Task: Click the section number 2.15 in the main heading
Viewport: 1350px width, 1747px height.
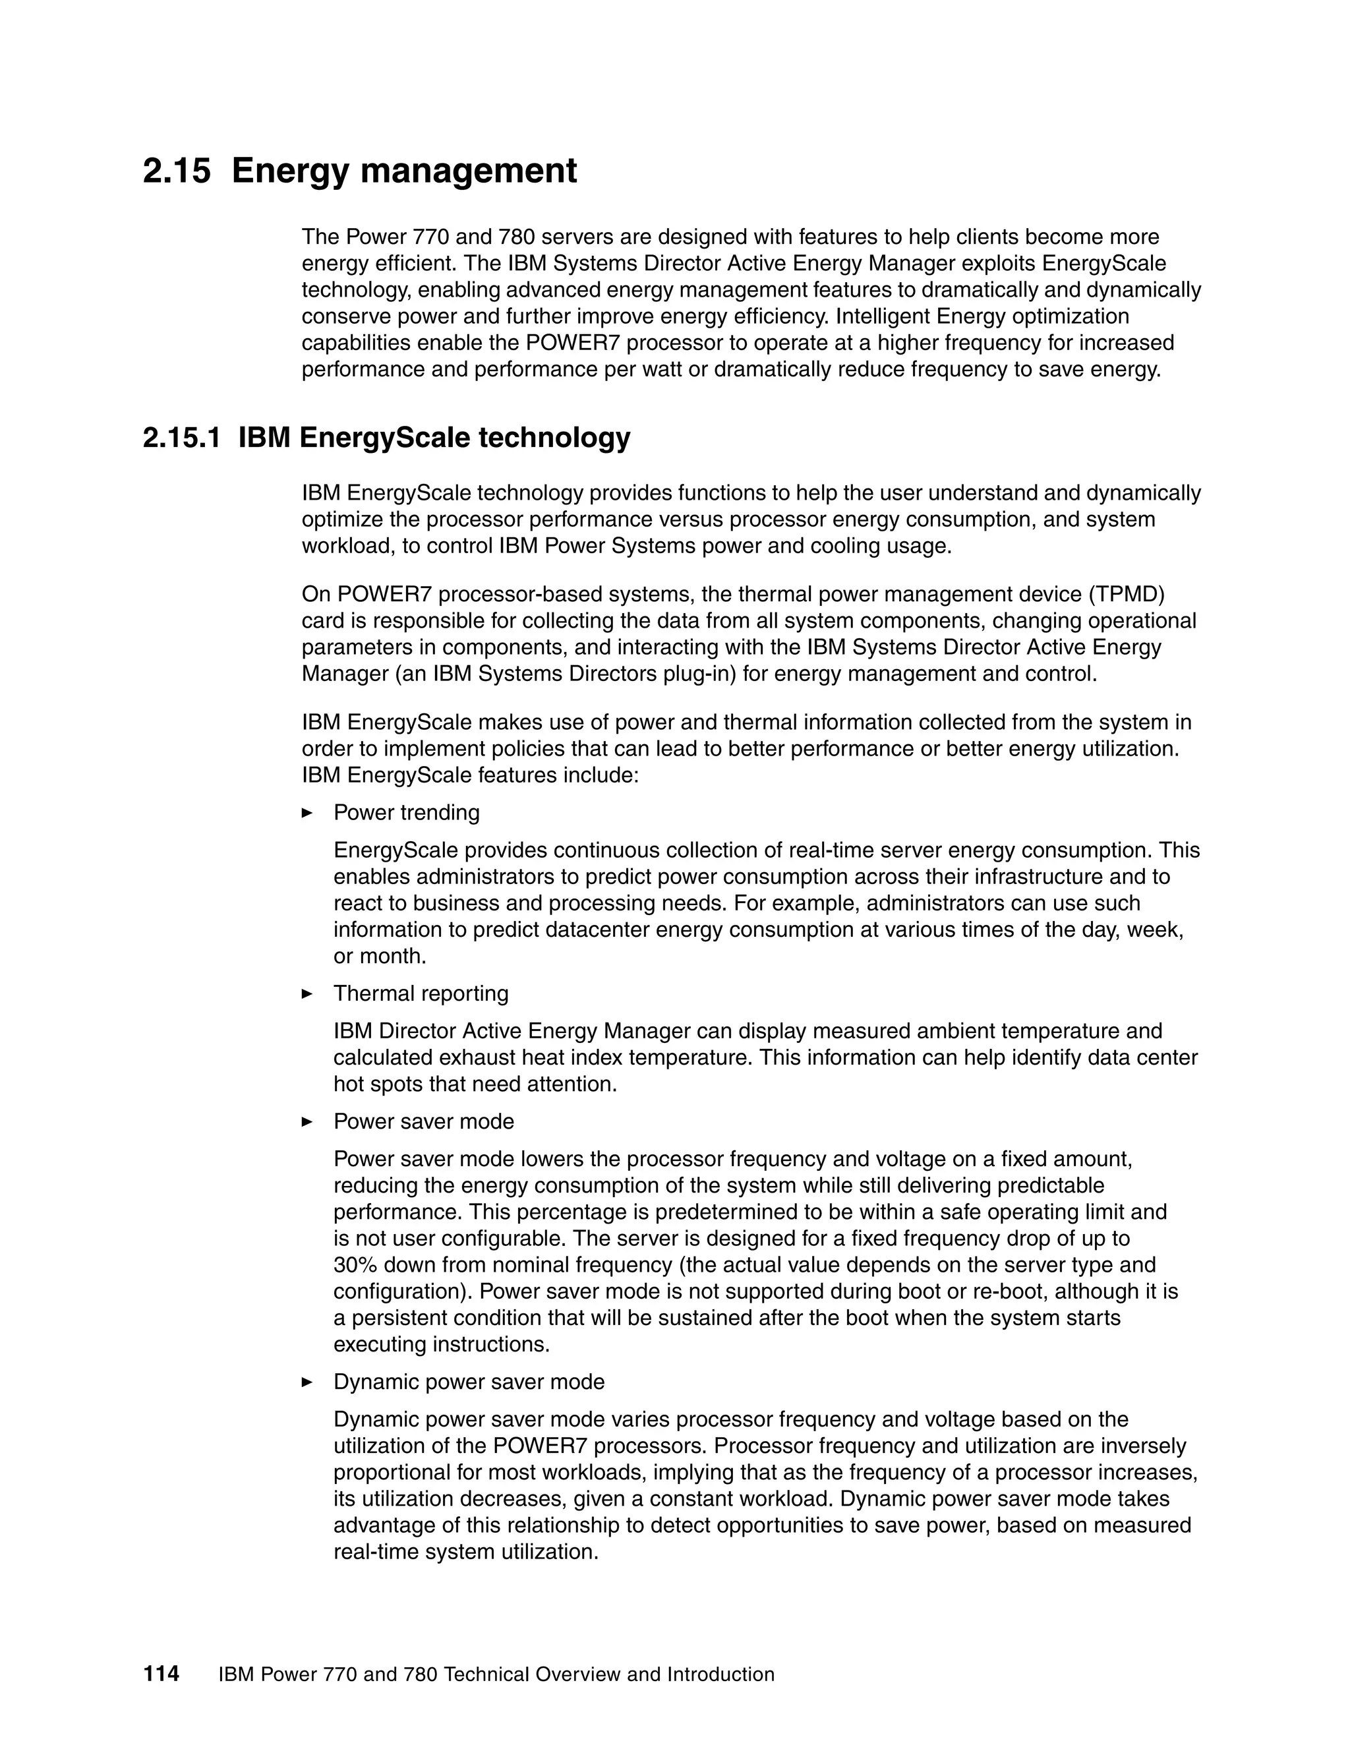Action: coord(177,171)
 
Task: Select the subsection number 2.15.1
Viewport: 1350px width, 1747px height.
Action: coord(181,438)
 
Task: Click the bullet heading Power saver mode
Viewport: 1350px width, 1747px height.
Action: coord(423,1121)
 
